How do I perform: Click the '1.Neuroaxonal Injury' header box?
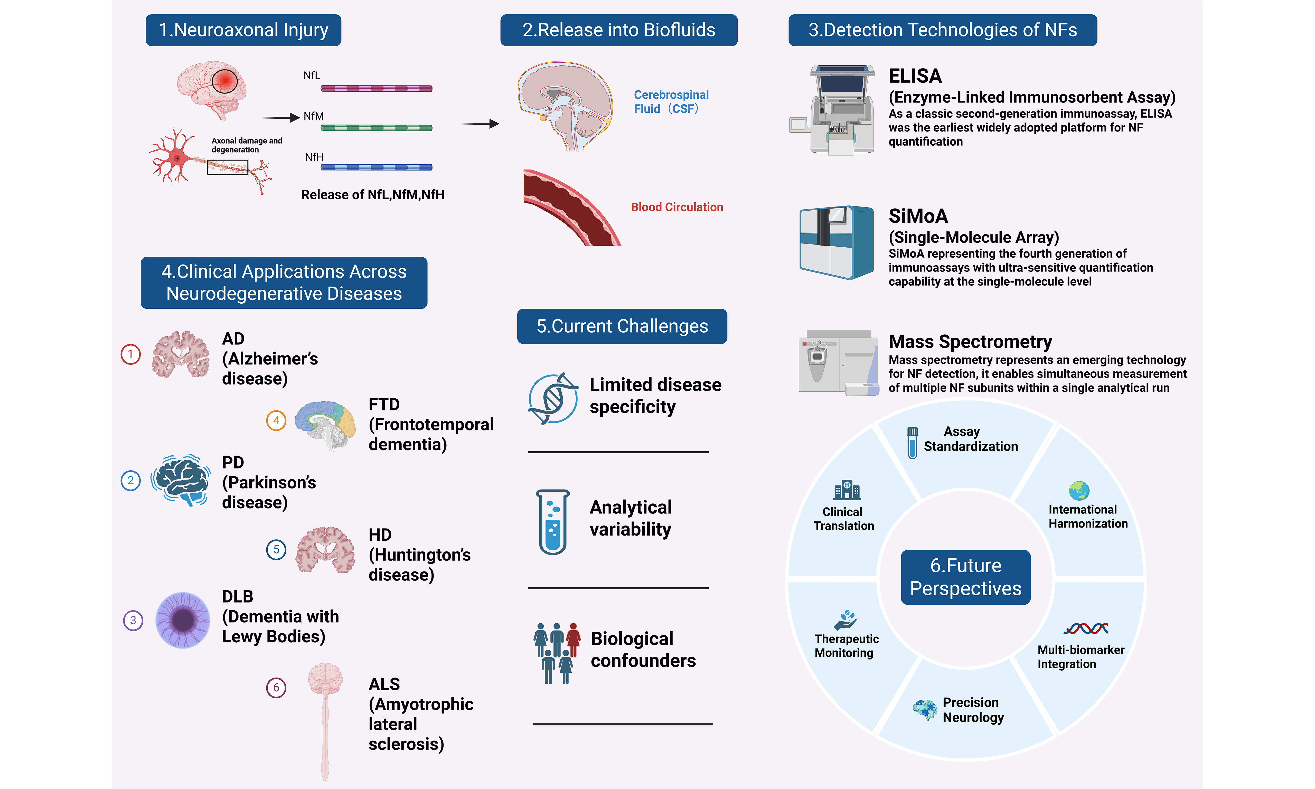pyautogui.click(x=243, y=30)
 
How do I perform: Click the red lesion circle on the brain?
pyautogui.click(x=225, y=81)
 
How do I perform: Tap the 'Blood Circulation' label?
pyautogui.click(x=677, y=207)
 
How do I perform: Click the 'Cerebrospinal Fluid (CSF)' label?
pyautogui.click(x=671, y=101)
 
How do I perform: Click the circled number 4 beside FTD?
pyautogui.click(x=276, y=420)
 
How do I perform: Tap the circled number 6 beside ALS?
pyautogui.click(x=276, y=688)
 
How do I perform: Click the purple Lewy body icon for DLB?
pyautogui.click(x=183, y=620)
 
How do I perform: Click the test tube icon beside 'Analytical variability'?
pyautogui.click(x=553, y=522)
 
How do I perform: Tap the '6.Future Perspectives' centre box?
pyautogui.click(x=965, y=577)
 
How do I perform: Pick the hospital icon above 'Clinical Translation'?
pyautogui.click(x=847, y=490)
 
